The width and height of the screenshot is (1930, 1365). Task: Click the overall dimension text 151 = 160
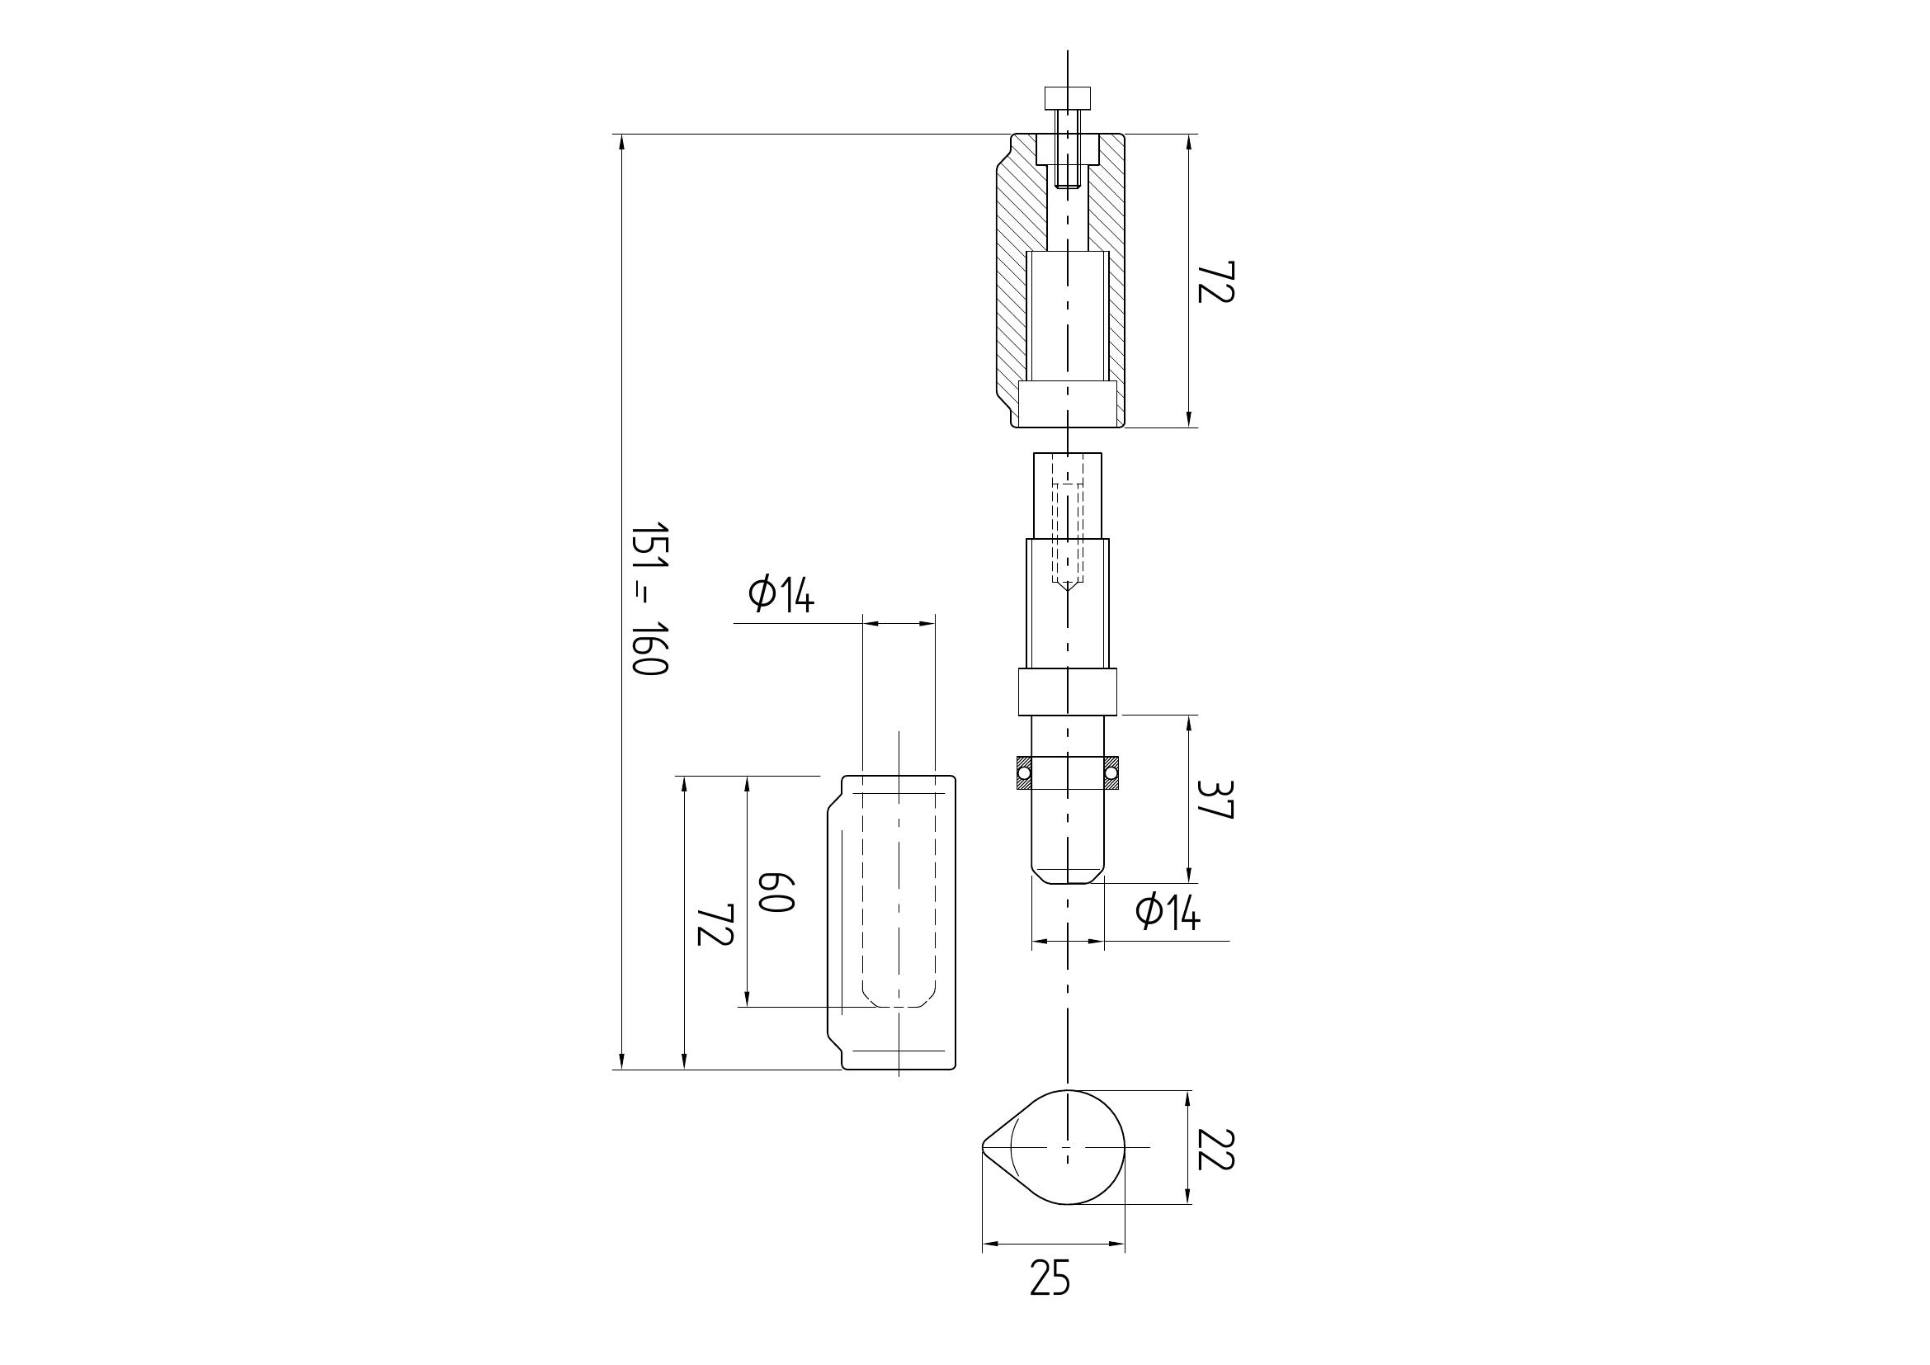coord(649,599)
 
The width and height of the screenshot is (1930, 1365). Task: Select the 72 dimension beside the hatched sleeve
coord(1215,281)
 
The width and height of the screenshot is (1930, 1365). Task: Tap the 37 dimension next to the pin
coord(1215,800)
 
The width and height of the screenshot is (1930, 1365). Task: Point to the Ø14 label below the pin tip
coord(1168,912)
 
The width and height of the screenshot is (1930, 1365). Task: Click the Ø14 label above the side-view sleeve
coord(781,595)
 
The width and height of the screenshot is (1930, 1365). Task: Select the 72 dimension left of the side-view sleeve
coord(716,924)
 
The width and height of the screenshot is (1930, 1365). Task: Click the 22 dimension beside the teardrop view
coord(1215,1149)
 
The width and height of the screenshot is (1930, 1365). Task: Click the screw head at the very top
coord(1068,97)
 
